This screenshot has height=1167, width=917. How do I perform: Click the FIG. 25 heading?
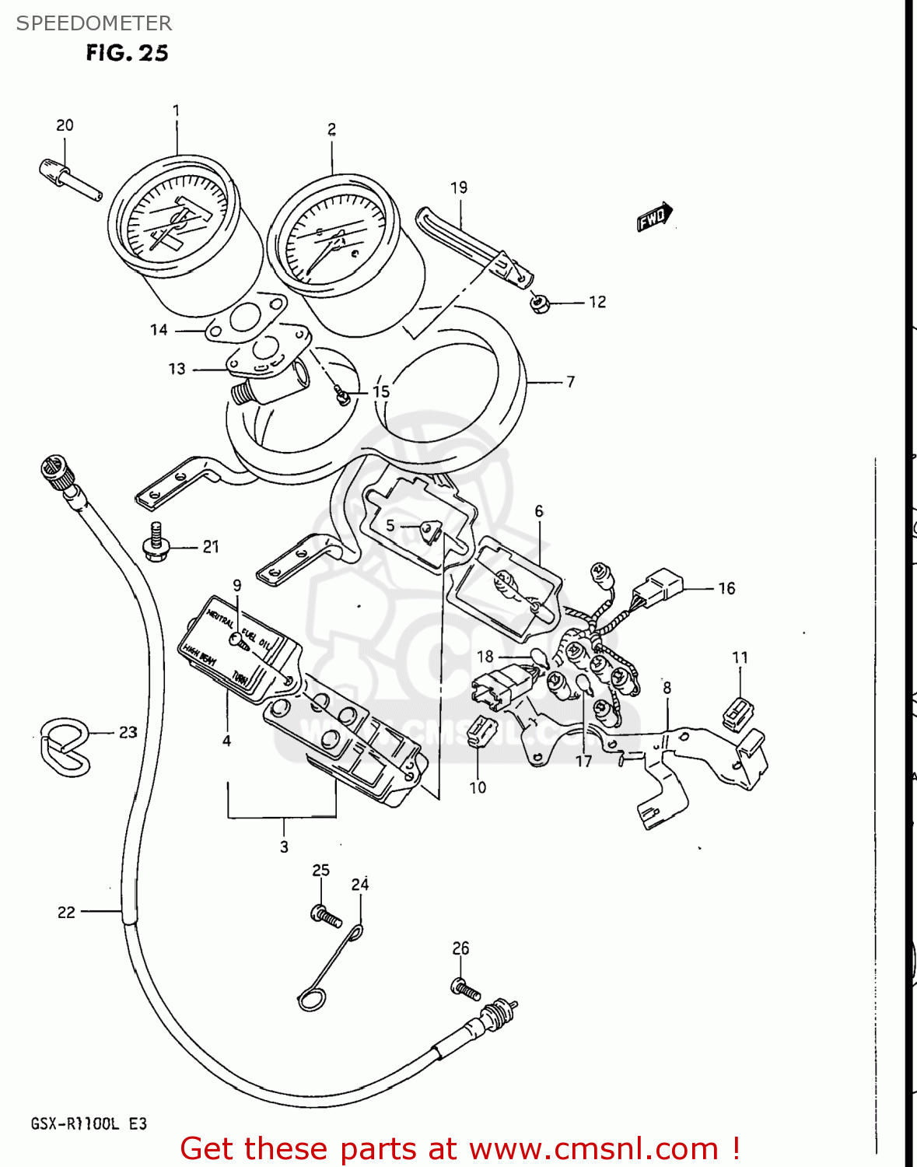(x=127, y=53)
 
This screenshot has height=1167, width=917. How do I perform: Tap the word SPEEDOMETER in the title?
(x=94, y=23)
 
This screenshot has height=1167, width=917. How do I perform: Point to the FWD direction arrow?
(x=654, y=217)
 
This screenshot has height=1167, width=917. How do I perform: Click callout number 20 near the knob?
(x=65, y=125)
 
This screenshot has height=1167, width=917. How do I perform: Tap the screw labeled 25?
(x=325, y=916)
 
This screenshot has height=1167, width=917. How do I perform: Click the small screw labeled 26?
(x=464, y=988)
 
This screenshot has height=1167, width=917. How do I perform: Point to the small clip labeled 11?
(x=738, y=713)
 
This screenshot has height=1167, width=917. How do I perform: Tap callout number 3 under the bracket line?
(x=284, y=846)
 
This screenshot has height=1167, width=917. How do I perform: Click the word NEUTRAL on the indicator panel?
(x=220, y=619)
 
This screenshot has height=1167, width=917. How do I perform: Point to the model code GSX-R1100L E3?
(x=89, y=1123)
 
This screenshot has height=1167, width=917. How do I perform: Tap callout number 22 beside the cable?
(x=66, y=912)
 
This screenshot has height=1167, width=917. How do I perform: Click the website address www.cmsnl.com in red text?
(x=594, y=1148)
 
